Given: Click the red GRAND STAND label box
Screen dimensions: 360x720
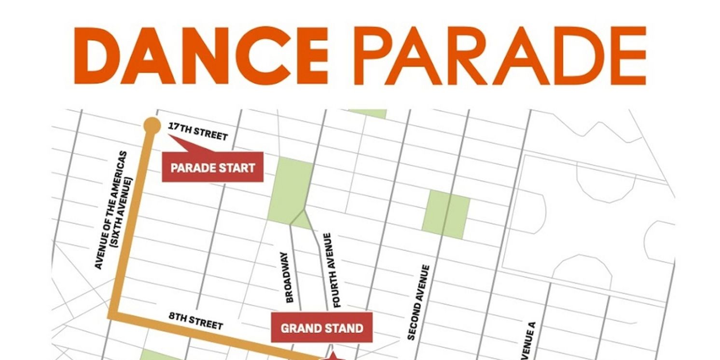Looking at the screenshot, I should [x=321, y=328].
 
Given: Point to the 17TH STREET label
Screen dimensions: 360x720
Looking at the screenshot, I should [x=197, y=131].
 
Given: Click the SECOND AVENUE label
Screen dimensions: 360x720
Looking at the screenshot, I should [x=418, y=302].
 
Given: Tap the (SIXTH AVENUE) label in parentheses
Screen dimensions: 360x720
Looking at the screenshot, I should [x=122, y=212].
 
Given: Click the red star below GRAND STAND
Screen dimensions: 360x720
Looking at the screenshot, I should [x=332, y=357].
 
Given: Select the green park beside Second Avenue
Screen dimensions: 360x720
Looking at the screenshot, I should [x=446, y=214].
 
